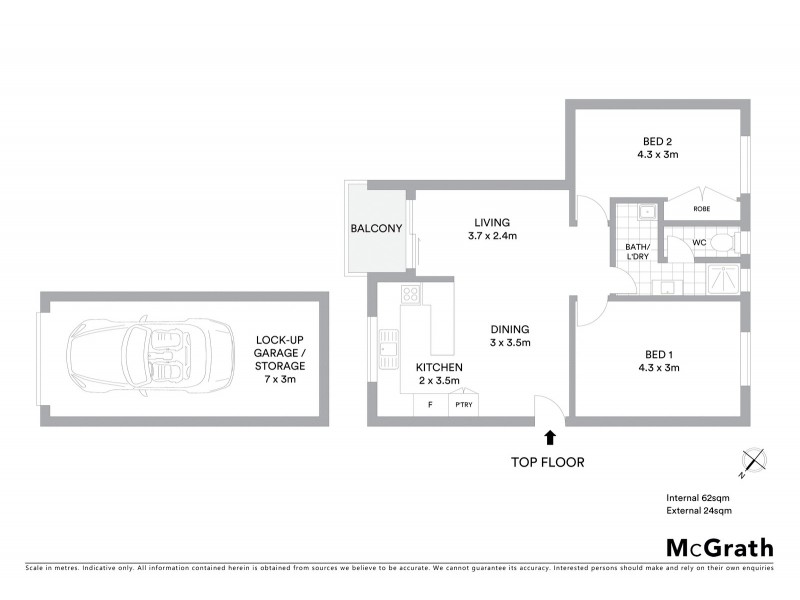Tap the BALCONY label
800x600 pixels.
[x=376, y=229]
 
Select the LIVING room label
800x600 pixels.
[x=492, y=222]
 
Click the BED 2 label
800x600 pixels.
[x=657, y=140]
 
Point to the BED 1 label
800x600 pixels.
[x=657, y=354]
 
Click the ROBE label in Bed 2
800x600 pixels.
[x=703, y=209]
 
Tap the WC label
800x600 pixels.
[x=700, y=242]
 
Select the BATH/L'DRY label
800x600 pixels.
[x=638, y=252]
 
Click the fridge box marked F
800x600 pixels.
[x=430, y=405]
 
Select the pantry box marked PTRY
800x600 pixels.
[x=463, y=405]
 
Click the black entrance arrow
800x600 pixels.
[x=549, y=436]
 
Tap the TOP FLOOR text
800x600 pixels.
[x=547, y=462]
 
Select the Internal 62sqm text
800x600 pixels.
[x=699, y=497]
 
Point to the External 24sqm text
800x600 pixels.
[x=699, y=511]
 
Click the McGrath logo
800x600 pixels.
[x=719, y=547]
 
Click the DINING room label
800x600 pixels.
[x=509, y=329]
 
